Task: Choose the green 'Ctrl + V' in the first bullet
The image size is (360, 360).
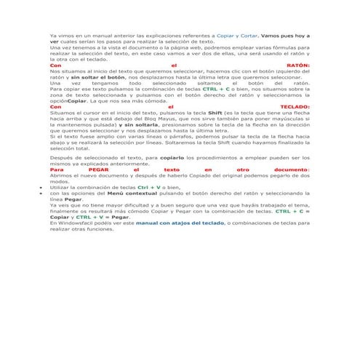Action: tap(150, 187)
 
